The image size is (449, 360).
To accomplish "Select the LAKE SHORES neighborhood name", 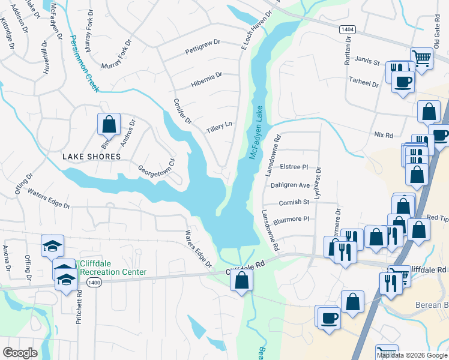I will tap(92, 156).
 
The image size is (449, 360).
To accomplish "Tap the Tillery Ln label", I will tap(219, 127).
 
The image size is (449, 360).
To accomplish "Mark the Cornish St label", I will tap(294, 202).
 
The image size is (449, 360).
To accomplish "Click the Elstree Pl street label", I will tap(294, 167).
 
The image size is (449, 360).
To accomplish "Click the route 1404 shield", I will tap(346, 29).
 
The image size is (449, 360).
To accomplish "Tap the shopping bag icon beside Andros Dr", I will tap(109, 124).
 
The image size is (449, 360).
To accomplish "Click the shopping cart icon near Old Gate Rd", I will tap(422, 59).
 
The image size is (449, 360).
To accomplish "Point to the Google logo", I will tap(20, 353).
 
